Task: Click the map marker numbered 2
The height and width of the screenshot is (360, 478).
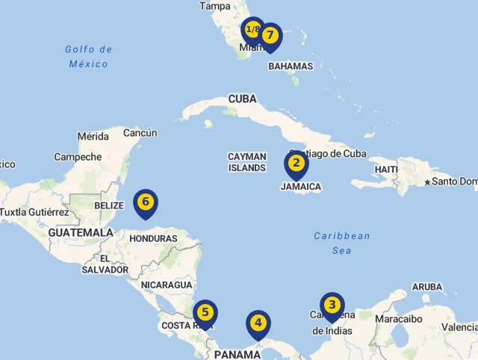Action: [296, 164]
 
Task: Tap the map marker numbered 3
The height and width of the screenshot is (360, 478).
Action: [332, 305]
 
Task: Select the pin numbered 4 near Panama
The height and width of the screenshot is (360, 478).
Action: [258, 323]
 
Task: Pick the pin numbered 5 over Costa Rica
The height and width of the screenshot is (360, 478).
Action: [205, 313]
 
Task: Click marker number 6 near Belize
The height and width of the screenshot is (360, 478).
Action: [146, 202]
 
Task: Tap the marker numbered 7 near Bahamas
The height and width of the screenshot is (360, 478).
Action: [270, 34]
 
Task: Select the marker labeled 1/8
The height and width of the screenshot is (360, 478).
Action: [252, 30]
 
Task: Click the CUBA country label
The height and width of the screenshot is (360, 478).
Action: [242, 99]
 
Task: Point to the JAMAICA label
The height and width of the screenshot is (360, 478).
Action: [301, 187]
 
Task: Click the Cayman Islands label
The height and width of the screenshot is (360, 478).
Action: [246, 162]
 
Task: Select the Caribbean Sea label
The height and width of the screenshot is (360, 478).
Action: [342, 243]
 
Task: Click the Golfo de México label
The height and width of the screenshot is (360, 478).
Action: [88, 57]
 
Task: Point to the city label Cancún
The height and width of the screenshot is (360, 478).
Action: [140, 133]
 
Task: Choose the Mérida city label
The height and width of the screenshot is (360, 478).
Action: [93, 137]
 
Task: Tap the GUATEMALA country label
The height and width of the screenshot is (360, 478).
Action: [81, 232]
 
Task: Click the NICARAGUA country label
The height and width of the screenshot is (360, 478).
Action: [167, 285]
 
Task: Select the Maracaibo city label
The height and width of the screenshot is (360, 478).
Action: [399, 319]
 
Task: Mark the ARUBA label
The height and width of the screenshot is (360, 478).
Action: [426, 287]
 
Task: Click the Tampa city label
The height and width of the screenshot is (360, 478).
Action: [215, 6]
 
